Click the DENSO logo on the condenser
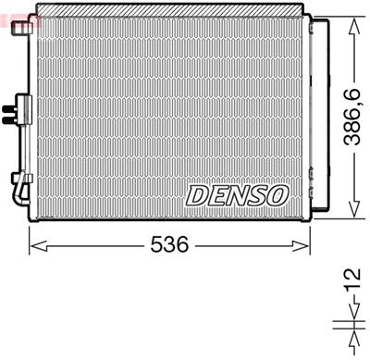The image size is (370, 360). pos(238,194)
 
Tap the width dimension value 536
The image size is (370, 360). pos(170,245)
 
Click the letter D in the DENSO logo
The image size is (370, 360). pos(199,194)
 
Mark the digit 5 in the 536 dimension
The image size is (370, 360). pos(156,245)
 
